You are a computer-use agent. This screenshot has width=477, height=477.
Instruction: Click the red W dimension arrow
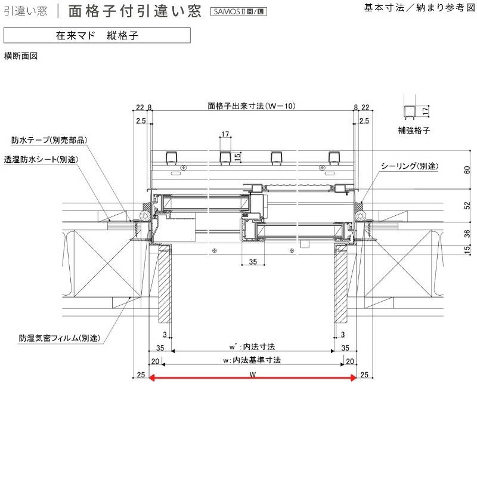point(252,377)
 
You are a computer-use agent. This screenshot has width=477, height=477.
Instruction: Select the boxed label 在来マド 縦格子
point(97,36)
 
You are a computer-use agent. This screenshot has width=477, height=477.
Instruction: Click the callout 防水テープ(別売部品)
point(49,141)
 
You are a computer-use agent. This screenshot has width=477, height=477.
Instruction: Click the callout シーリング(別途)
point(410,166)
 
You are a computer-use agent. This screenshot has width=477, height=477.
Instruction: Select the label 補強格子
point(414,129)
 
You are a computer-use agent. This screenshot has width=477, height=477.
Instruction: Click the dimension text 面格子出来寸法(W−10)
point(252,106)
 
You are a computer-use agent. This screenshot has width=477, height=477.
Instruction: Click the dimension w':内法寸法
point(252,346)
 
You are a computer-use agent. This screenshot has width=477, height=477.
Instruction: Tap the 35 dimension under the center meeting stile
point(252,262)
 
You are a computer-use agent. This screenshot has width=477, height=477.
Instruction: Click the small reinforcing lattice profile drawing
point(410,109)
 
